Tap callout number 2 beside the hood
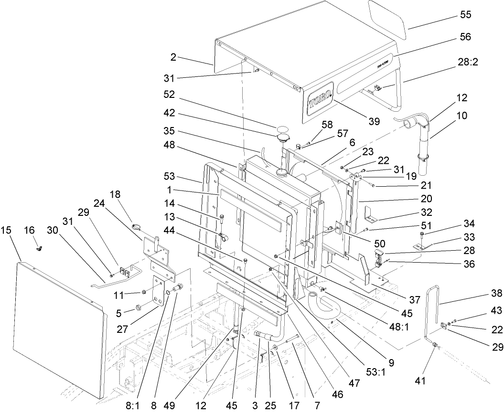173,57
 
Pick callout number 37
414,299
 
